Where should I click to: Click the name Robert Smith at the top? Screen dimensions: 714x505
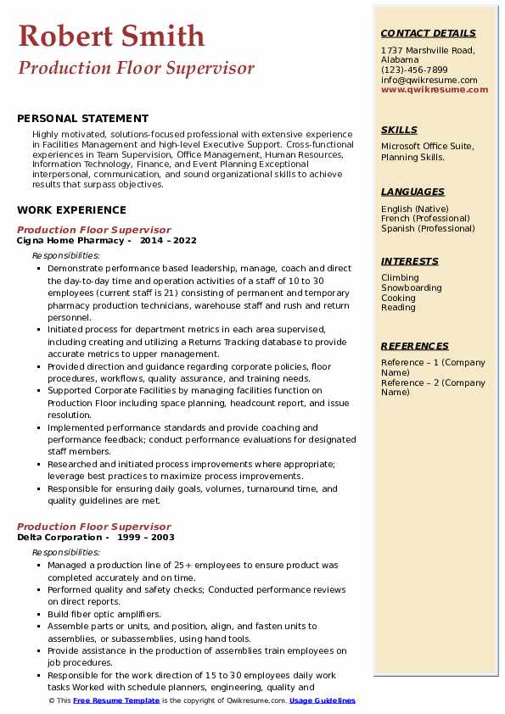111,36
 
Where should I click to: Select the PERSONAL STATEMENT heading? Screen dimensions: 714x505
82,119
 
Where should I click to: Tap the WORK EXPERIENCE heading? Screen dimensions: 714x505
71,209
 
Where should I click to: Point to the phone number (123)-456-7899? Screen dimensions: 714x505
414,70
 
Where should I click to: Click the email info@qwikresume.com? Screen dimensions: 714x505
429,80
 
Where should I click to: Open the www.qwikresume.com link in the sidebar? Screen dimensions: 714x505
435,89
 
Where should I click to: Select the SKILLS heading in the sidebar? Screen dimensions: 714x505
399,130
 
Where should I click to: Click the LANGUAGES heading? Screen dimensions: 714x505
412,192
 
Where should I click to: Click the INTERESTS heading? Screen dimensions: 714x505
410,261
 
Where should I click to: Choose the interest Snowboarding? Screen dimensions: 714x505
411,287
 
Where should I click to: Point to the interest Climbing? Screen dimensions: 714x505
400,277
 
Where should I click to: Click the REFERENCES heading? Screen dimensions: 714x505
415,346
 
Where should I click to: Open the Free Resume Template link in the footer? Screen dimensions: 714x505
116,700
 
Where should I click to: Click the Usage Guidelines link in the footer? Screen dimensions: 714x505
323,700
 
